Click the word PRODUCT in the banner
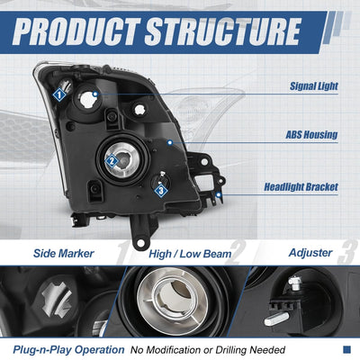76,31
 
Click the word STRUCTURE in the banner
223,31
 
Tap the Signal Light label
314,86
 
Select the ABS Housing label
311,135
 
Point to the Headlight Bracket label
301,187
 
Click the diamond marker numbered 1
59,95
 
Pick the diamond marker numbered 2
112,161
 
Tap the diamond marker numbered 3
161,190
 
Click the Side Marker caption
64,254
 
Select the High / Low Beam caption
190,254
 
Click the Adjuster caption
310,253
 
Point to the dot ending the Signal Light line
95,94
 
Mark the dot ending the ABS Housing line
170,142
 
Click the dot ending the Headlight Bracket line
219,195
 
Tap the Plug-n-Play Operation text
68,350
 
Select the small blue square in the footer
346,349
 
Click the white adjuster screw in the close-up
294,283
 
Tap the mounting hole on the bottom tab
139,243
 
